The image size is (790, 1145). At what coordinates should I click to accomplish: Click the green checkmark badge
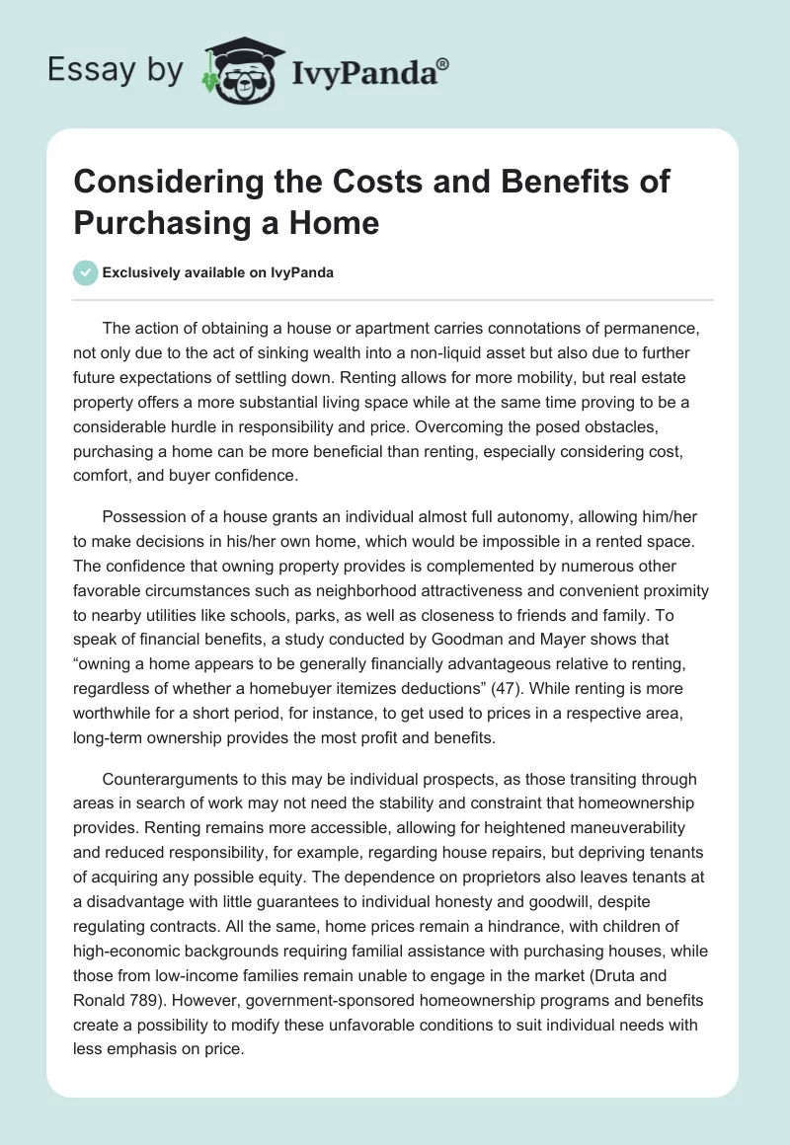[x=85, y=272]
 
